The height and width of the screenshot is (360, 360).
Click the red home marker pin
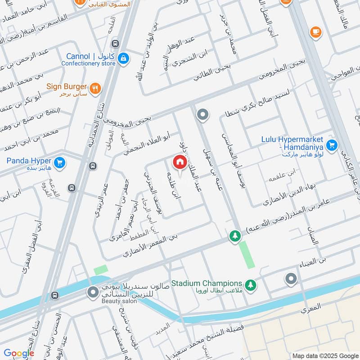[179, 162]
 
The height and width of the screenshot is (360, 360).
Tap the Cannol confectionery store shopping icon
[123, 58]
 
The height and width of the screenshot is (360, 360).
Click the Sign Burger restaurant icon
[94, 88]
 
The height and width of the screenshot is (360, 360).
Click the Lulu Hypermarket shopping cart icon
[332, 145]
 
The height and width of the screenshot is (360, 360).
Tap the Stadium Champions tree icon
[250, 284]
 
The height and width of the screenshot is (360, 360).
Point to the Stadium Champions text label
[207, 283]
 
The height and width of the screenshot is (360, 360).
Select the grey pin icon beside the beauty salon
[93, 293]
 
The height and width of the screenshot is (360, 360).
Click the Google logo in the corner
[19, 353]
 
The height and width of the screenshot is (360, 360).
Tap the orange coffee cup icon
[315, 32]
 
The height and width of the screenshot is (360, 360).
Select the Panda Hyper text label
[28, 161]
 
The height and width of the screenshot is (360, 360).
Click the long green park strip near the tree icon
[247, 255]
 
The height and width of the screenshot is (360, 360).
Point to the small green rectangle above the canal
[101, 270]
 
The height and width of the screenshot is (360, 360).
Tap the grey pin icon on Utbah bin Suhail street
[203, 115]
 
